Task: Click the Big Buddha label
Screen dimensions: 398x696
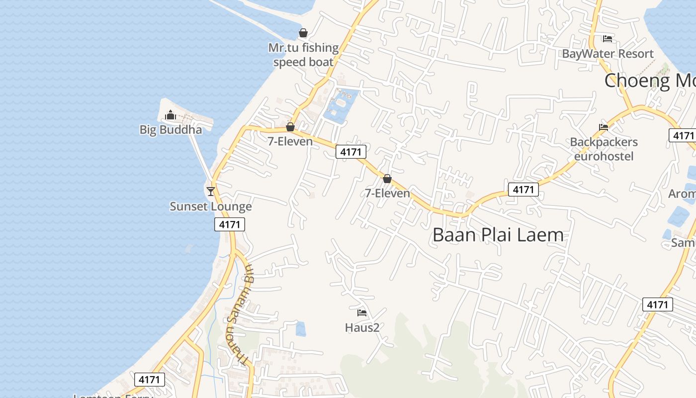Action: click(x=171, y=130)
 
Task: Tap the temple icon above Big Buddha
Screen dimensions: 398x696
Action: click(x=171, y=115)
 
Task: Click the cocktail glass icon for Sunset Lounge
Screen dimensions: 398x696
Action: click(x=211, y=191)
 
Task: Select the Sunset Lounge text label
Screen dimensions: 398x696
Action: click(x=211, y=206)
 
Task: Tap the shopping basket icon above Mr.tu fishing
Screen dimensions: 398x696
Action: click(x=303, y=33)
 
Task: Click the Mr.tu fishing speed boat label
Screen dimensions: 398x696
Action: click(x=303, y=55)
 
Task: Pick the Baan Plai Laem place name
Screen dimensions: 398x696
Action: click(x=498, y=234)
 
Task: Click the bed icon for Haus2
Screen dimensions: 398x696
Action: click(x=362, y=313)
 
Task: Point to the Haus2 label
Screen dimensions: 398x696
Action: click(x=362, y=327)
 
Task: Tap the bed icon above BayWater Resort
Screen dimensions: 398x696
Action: click(x=608, y=38)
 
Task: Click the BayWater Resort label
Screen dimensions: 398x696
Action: click(x=608, y=54)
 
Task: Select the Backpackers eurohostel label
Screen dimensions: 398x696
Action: click(x=604, y=149)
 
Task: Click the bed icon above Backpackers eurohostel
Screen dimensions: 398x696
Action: click(x=604, y=127)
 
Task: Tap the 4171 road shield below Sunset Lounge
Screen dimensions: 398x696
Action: click(x=230, y=224)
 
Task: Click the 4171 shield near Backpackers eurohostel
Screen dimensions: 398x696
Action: click(x=523, y=190)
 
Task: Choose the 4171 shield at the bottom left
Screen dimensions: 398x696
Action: click(x=149, y=380)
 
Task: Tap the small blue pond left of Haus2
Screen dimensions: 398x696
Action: click(x=300, y=329)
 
